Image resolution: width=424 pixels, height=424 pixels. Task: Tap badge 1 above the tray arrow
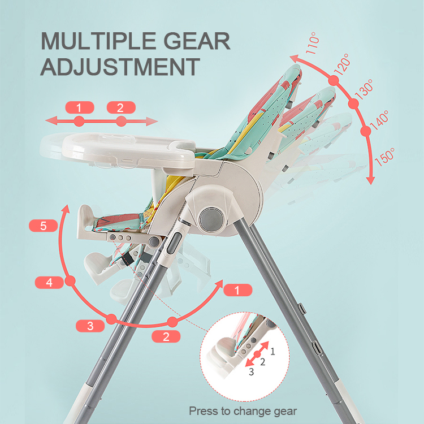[x=79, y=107]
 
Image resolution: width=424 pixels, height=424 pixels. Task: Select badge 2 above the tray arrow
[x=120, y=107]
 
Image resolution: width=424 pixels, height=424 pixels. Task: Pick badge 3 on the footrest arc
[x=89, y=325]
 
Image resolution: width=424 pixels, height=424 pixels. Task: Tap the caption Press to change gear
[x=243, y=411]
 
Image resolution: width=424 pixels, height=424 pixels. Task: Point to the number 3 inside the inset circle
[x=252, y=372]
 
